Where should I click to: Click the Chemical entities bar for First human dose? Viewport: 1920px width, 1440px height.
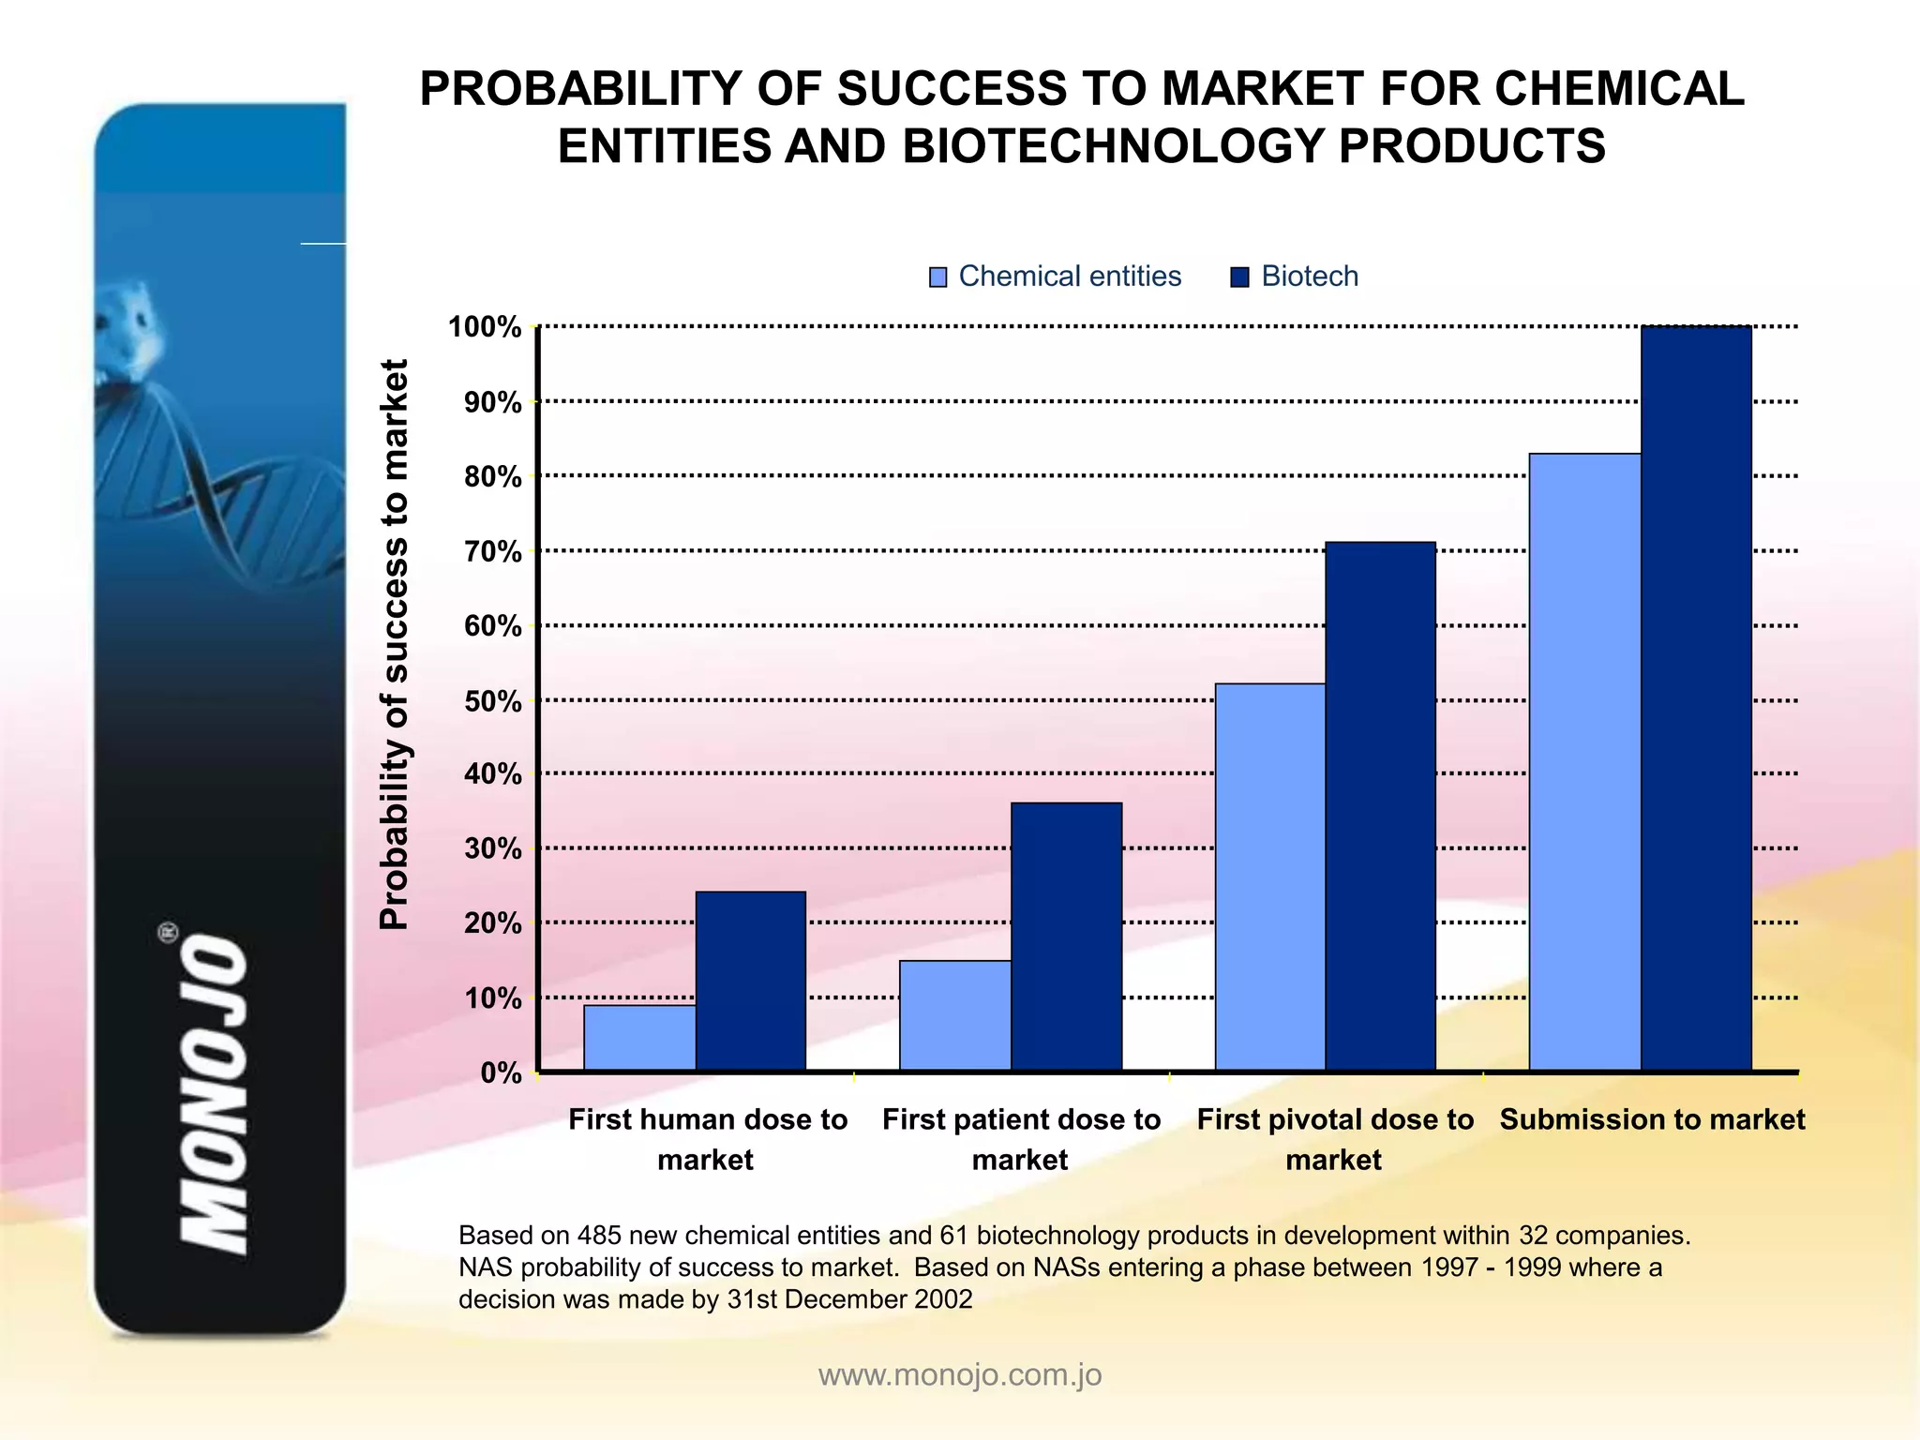pos(639,1038)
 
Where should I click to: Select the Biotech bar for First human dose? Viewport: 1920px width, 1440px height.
pos(750,981)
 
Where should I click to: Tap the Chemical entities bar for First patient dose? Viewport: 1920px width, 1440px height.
pos(954,1015)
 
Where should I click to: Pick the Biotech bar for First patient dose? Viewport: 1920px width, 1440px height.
pos(1066,937)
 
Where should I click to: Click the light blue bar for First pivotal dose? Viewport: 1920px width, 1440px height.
pos(1270,877)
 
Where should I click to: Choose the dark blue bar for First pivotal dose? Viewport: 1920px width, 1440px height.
pos(1380,806)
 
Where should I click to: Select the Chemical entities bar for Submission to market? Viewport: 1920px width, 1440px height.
pos(1584,761)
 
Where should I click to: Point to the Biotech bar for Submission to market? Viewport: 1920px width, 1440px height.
pos(1696,698)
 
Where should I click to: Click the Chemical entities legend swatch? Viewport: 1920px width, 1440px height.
pos(937,277)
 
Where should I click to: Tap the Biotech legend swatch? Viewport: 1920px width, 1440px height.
pos(1239,277)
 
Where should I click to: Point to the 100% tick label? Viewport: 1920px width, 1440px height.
pos(485,327)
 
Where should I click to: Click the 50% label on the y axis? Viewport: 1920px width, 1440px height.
pos(492,700)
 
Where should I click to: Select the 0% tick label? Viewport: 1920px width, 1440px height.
pos(501,1072)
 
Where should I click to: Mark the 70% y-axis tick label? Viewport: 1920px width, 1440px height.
pos(492,551)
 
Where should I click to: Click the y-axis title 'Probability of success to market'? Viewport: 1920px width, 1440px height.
pos(395,644)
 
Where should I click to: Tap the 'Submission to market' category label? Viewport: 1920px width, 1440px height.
pos(1652,1119)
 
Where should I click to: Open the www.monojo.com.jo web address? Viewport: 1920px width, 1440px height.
pos(960,1374)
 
